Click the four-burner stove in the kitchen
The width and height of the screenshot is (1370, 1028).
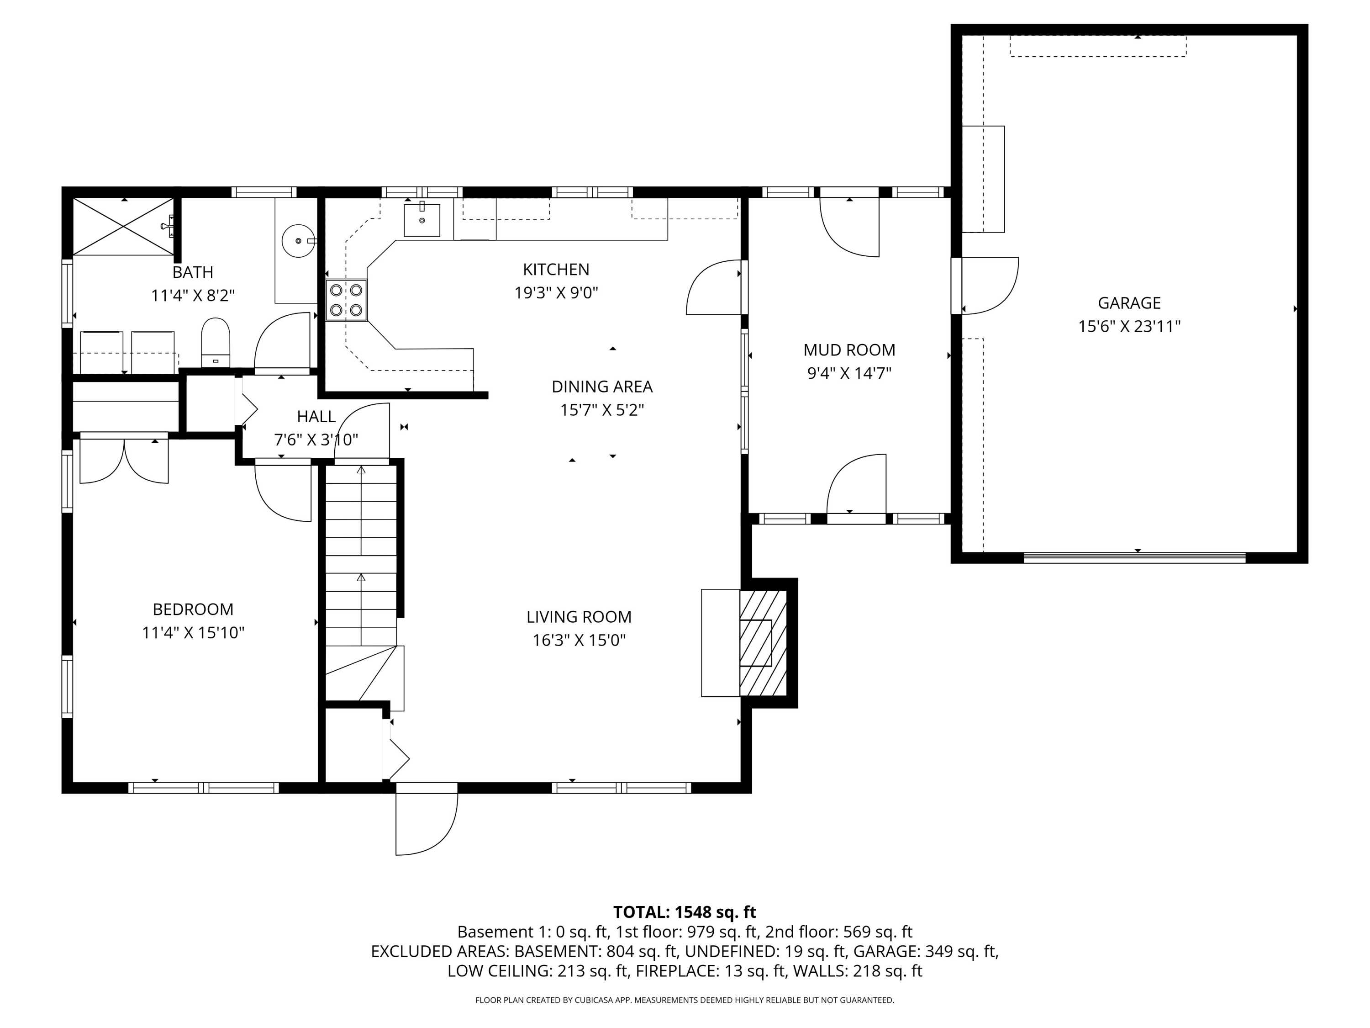pos(346,300)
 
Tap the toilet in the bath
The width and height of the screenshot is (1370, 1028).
pos(216,343)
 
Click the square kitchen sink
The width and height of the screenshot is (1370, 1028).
pos(422,220)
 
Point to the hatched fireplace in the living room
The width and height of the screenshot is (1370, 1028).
pos(763,642)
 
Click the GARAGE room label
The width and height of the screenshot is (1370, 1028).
pos(1128,303)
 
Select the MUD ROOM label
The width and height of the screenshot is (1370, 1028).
pos(849,350)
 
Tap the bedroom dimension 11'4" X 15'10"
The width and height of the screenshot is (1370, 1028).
pos(193,633)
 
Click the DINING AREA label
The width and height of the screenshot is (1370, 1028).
pos(602,387)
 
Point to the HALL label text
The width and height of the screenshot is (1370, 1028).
pos(316,416)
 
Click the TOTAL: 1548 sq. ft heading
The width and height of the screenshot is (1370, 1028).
pos(685,912)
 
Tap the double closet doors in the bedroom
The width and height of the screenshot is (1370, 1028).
pos(124,460)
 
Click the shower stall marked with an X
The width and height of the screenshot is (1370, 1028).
pos(123,226)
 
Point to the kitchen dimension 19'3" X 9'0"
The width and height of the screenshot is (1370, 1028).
pos(556,292)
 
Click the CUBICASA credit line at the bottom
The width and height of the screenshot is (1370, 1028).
pos(685,1000)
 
